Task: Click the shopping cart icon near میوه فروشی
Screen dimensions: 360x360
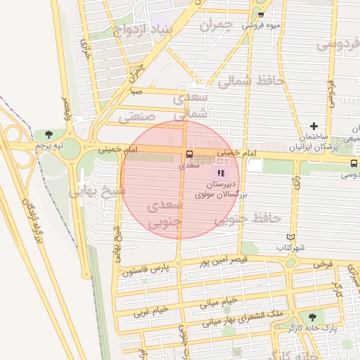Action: (261, 15)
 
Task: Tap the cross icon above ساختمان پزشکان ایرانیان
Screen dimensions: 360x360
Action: (314, 126)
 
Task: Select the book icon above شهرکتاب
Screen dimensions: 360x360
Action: (292, 238)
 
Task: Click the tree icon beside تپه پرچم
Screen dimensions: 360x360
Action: (49, 134)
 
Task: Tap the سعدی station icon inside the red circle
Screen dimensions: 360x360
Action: (188, 155)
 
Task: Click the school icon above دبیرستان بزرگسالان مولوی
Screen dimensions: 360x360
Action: (221, 172)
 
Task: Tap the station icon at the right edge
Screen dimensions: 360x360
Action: (353, 163)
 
